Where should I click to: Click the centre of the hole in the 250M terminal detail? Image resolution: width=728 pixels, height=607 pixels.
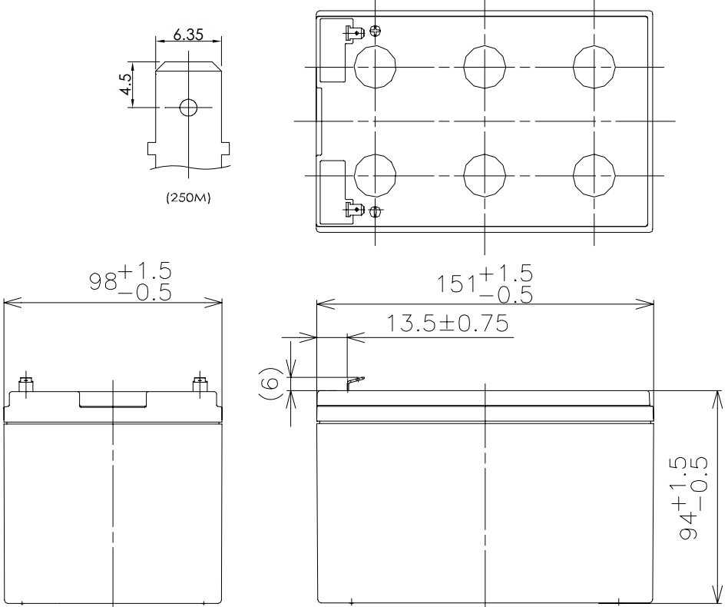click(188, 108)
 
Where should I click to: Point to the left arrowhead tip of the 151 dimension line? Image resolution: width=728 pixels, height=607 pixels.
click(316, 305)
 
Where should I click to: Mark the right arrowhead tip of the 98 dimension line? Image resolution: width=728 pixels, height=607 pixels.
click(222, 303)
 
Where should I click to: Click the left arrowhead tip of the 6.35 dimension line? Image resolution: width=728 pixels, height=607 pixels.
click(156, 41)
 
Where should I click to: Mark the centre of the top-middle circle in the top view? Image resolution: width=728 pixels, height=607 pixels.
click(485, 67)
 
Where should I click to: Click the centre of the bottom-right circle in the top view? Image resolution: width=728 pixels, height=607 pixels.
click(594, 175)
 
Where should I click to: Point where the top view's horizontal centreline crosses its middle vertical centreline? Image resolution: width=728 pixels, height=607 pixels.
click(485, 121)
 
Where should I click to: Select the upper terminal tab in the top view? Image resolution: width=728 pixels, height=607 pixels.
click(352, 32)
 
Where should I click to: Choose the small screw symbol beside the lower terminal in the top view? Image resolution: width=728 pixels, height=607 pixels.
click(376, 212)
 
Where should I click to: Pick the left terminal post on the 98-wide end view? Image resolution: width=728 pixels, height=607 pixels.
click(25, 385)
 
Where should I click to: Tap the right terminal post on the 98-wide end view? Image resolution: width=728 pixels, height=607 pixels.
click(200, 385)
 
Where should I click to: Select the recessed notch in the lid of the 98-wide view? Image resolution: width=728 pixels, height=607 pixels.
click(114, 400)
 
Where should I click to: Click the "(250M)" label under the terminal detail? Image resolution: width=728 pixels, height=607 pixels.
click(188, 197)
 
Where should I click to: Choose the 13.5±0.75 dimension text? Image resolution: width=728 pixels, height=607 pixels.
click(448, 323)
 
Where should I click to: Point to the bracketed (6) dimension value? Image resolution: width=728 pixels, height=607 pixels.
click(270, 383)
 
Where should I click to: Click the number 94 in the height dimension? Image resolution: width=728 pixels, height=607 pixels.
click(689, 526)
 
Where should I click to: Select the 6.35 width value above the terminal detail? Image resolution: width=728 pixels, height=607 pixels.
click(188, 35)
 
